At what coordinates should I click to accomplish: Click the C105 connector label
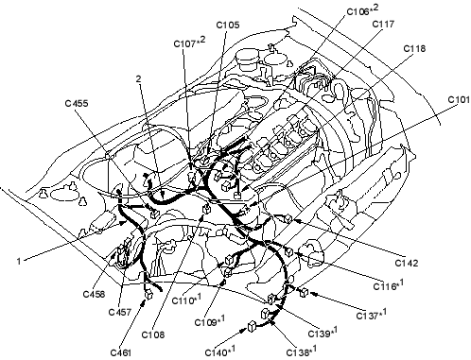pyautogui.click(x=228, y=25)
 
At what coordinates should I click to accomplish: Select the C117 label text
pyautogui.click(x=383, y=24)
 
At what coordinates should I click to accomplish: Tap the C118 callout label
pyautogui.click(x=414, y=48)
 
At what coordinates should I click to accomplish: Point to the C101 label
pyautogui.click(x=459, y=100)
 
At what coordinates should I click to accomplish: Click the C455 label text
pyautogui.click(x=77, y=103)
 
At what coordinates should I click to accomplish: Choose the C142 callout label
pyautogui.click(x=407, y=263)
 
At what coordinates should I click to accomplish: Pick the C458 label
pyautogui.click(x=94, y=294)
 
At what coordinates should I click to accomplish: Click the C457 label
pyautogui.click(x=120, y=312)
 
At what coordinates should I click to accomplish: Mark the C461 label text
pyautogui.click(x=121, y=352)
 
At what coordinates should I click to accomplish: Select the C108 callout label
pyautogui.click(x=153, y=334)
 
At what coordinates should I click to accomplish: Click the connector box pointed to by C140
pyautogui.click(x=252, y=327)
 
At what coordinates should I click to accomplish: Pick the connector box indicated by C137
pyautogui.click(x=304, y=292)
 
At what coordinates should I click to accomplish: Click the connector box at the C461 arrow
pyautogui.click(x=148, y=294)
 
